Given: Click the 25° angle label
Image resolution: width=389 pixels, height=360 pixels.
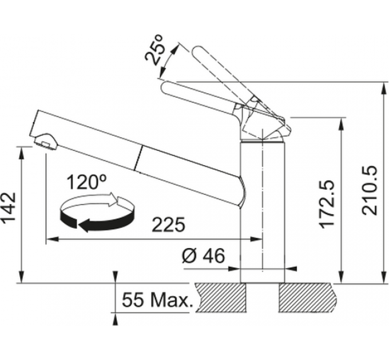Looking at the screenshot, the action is pyautogui.click(x=154, y=50).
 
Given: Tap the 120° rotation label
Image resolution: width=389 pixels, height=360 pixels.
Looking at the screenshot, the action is pyautogui.click(x=86, y=182).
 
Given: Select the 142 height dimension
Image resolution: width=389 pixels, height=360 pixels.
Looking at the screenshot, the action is pyautogui.click(x=9, y=208).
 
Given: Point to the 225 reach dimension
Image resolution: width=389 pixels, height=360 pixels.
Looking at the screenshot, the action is pyautogui.click(x=169, y=225).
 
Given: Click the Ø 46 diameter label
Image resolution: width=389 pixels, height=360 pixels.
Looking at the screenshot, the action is pyautogui.click(x=203, y=255).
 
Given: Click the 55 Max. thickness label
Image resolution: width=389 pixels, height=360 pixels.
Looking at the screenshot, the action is pyautogui.click(x=157, y=300).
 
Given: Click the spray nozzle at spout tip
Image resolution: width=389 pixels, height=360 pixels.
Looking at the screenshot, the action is pyautogui.click(x=45, y=142).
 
